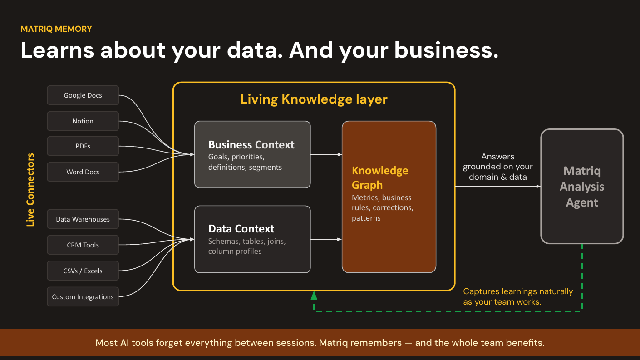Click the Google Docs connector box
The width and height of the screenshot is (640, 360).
[x=83, y=95]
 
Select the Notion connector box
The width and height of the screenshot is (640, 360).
[x=83, y=121]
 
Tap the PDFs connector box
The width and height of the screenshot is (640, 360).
[x=83, y=146]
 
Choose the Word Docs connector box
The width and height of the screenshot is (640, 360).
[x=83, y=172]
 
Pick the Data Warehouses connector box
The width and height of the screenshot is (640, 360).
[x=83, y=219]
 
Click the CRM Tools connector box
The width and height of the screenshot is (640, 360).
[x=83, y=245]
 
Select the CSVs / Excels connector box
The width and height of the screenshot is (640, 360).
[x=83, y=271]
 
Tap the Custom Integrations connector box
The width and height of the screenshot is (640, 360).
[x=83, y=297]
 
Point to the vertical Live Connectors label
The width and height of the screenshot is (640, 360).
[x=30, y=190]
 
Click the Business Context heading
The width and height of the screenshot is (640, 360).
[x=251, y=145]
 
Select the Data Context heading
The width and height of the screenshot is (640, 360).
[x=241, y=229]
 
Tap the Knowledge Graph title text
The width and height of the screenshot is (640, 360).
[x=380, y=178]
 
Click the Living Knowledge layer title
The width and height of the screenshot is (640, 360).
[x=314, y=99]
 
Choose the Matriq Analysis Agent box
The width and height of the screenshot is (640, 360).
[x=582, y=187]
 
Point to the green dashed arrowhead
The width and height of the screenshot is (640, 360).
[x=314, y=296]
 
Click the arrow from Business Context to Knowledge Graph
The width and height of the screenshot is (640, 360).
[x=326, y=155]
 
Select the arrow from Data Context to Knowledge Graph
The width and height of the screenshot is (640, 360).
[x=326, y=239]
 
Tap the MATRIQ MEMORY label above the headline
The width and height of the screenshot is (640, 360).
[x=56, y=29]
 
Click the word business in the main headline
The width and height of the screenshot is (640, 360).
[x=446, y=50]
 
